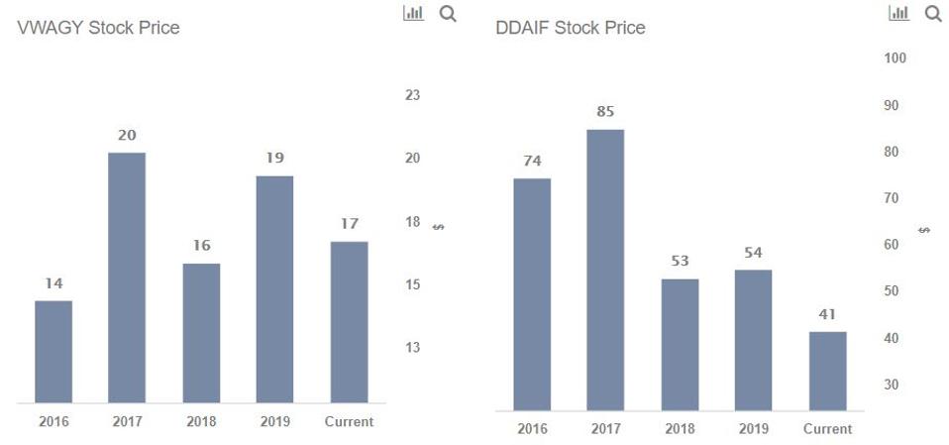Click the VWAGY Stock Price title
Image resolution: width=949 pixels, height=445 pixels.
pos(98,28)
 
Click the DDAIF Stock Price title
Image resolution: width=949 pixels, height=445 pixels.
pos(570,28)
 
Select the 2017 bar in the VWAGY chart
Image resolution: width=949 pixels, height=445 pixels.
pos(127,278)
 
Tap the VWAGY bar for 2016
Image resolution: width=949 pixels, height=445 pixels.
pos(53,352)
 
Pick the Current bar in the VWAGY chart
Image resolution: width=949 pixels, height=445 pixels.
pos(349,322)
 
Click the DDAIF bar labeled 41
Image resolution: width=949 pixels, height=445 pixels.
pos(827,371)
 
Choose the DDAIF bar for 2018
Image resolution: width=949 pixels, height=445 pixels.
pos(680,345)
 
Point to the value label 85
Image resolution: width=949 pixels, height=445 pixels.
pos(605,112)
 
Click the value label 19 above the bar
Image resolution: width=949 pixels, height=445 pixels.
pos(274,158)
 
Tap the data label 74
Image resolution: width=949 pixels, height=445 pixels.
pos(532,161)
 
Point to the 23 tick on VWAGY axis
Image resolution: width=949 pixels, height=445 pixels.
pos(413,95)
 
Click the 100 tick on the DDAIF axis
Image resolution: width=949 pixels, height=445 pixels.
pos(896,58)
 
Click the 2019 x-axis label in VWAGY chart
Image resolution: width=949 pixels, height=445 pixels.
pos(274,421)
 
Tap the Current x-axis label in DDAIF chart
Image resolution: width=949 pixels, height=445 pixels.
pos(827,429)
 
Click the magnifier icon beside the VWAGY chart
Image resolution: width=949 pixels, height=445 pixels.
pos(448,14)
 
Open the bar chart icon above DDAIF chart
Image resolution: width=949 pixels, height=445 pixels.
pos(899,13)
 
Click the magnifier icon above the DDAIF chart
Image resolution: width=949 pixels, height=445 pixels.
pos(932,14)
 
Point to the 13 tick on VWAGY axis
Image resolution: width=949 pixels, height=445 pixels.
pos(413,348)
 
